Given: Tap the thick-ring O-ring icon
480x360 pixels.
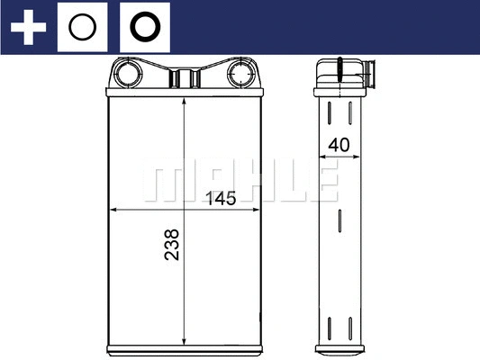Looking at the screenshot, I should pos(144,28).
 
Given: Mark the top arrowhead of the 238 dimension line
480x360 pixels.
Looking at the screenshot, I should pos(184,97).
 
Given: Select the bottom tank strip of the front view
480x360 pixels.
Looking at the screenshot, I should pos(184,347).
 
